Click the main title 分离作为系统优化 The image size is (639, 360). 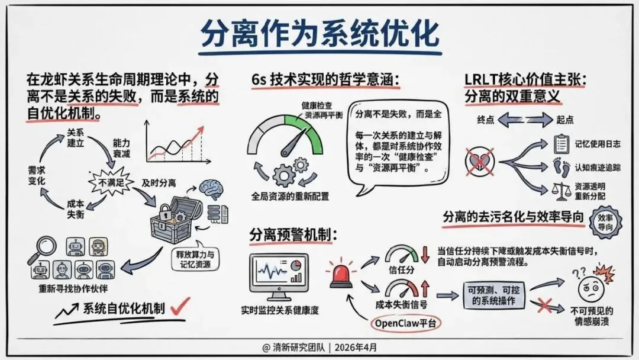click(319, 34)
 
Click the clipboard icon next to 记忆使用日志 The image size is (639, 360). click(560, 144)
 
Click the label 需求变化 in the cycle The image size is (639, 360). click(37, 175)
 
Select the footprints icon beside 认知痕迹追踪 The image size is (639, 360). click(561, 169)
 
